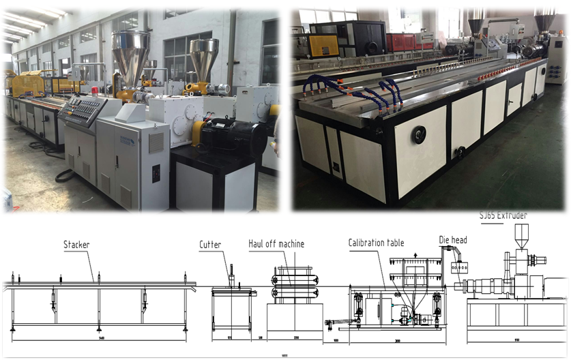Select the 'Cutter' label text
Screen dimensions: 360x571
point(210,245)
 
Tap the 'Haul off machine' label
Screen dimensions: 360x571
point(276,244)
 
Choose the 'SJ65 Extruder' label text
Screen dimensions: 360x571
point(504,215)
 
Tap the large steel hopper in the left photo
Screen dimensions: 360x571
point(131,56)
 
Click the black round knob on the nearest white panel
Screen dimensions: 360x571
point(420,136)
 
